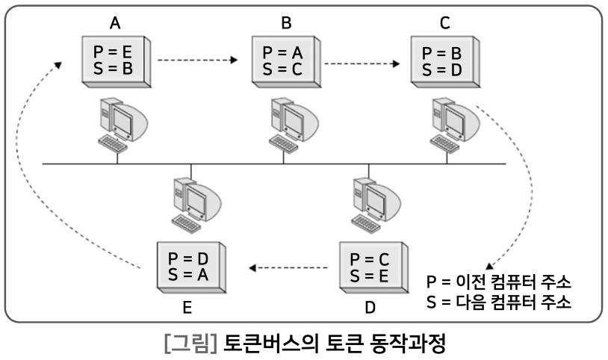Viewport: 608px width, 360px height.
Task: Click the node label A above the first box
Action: (x=115, y=23)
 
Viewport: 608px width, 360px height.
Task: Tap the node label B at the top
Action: (x=286, y=23)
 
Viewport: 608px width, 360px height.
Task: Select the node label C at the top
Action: (x=445, y=23)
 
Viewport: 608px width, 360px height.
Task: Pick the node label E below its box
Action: (x=189, y=306)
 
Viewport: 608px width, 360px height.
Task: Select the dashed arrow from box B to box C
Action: (x=363, y=62)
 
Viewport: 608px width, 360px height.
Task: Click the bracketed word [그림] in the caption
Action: (x=190, y=344)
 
